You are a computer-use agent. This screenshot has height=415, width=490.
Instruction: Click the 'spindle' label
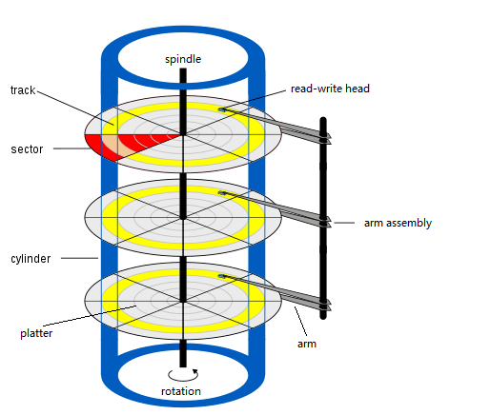183,59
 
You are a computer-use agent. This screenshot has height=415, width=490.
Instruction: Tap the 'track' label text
23,90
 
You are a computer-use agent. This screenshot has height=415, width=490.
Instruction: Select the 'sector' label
27,149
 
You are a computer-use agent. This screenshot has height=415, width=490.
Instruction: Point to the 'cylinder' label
31,259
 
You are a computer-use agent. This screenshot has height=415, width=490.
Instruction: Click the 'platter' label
36,333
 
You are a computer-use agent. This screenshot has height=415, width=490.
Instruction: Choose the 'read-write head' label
330,89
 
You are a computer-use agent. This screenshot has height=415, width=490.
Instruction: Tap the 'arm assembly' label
398,223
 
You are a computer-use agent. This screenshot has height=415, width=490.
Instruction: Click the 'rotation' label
181,391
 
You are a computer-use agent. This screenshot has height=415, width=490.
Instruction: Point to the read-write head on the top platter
222,109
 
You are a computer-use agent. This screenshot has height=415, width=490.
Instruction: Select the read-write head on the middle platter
222,193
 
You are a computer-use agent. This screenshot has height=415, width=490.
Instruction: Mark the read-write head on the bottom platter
222,276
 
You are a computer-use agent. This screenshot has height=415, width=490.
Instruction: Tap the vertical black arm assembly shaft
323,218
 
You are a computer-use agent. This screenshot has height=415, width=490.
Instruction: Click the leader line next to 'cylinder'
79,258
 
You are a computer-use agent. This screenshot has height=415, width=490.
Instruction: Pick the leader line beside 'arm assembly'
344,223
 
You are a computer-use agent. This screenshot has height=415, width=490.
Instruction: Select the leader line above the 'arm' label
300,321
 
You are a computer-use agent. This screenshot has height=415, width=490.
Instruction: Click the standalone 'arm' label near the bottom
307,344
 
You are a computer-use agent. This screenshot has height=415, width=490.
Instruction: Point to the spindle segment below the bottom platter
183,353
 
